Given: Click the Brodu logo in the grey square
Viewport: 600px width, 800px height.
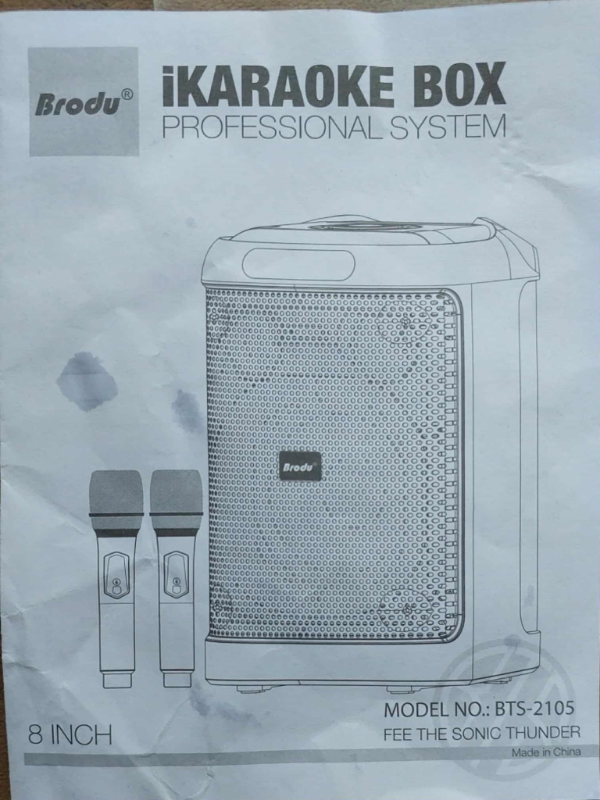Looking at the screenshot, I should [x=77, y=104].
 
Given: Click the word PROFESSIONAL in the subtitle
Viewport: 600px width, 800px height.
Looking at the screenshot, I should [x=270, y=127].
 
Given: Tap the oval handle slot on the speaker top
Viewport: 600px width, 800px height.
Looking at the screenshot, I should [x=298, y=264].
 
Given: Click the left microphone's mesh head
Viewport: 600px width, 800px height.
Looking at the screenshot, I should [x=116, y=492].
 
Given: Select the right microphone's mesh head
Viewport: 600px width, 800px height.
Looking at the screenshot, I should [x=176, y=492].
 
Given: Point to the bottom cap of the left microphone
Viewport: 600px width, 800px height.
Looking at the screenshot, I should [x=116, y=680].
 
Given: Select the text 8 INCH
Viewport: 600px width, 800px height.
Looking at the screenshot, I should [x=70, y=735].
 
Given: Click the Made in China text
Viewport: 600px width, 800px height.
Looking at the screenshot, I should [x=546, y=753].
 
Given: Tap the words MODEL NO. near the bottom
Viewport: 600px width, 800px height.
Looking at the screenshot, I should [x=433, y=710].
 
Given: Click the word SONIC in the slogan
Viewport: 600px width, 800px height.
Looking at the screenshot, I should [x=472, y=733].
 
